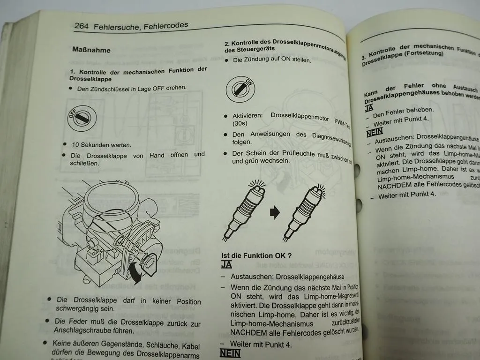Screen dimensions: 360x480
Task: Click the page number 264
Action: [82, 26]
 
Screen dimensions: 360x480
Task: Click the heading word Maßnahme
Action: [91, 49]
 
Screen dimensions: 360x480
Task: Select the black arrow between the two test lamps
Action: [275, 213]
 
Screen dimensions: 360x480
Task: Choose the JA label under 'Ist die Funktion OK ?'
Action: [226, 265]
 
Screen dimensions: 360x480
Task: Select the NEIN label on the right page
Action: [375, 133]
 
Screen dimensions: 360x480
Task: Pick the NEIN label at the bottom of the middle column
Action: [230, 354]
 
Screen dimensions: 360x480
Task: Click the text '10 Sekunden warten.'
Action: [101, 145]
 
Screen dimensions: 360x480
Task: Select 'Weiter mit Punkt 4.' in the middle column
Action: [261, 344]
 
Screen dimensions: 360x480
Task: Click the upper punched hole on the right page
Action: [358, 170]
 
